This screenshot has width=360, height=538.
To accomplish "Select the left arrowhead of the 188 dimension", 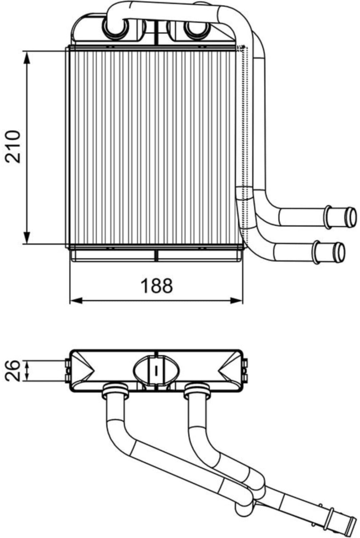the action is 76,300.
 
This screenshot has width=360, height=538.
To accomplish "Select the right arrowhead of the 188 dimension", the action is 236,300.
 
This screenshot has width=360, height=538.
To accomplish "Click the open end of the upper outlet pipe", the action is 352,217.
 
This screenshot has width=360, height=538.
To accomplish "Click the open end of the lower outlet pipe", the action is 340,253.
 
